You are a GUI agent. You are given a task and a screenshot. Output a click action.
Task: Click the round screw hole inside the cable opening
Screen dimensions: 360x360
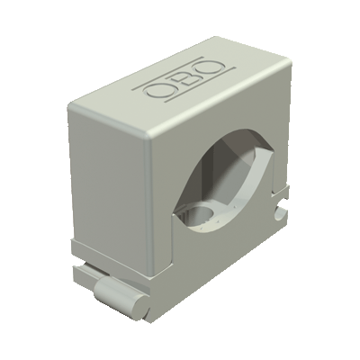pos(204,213)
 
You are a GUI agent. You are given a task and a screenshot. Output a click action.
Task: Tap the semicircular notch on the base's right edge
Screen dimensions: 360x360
pos(281,212)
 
